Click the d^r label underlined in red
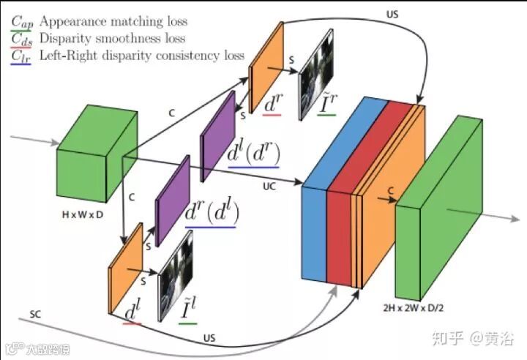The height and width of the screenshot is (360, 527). tap(272, 105)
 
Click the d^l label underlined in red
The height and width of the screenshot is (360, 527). tap(132, 312)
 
